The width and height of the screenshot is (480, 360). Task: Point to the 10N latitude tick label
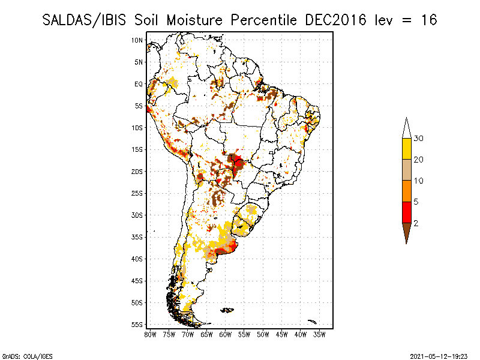[137, 40]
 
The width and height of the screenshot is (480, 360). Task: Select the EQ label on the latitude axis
[139, 84]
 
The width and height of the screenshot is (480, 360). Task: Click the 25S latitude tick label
[137, 193]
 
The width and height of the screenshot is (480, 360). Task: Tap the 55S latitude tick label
[137, 325]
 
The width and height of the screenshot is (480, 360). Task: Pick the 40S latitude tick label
[137, 259]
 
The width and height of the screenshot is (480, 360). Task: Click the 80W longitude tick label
[150, 334]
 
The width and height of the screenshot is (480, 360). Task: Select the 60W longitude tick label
[226, 334]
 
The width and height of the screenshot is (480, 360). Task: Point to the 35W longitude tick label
[320, 334]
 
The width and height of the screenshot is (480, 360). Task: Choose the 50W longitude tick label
[263, 334]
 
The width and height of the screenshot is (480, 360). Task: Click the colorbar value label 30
[419, 139]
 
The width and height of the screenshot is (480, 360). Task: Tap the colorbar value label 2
[416, 223]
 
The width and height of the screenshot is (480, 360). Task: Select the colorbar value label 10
[419, 181]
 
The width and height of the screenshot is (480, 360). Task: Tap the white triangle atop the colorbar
[406, 128]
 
